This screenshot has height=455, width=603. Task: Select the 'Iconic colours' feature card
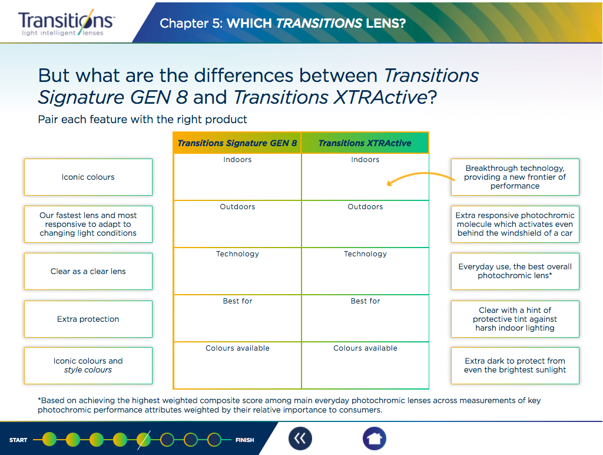[x=88, y=177]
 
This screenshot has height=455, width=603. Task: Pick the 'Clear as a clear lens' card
[x=88, y=271]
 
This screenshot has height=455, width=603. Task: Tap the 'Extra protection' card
[x=88, y=319]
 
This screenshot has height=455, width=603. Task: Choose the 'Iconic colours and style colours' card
[x=88, y=365]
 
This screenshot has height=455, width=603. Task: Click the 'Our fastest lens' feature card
[x=88, y=224]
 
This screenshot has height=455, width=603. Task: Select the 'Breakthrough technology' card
[x=515, y=177]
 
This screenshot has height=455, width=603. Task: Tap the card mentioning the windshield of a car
[x=515, y=224]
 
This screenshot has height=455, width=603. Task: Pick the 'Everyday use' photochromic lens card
[x=515, y=271]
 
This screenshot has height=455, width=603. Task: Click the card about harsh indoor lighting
[x=515, y=319]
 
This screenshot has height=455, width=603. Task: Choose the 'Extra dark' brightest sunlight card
[x=515, y=365]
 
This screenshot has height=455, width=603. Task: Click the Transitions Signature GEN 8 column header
[x=237, y=143]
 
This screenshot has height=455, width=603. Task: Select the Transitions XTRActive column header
[x=365, y=143]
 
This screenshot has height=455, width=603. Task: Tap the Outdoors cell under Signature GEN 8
[x=237, y=224]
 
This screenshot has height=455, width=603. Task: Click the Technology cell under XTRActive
[x=365, y=271]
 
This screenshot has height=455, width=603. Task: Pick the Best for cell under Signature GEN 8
[x=237, y=318]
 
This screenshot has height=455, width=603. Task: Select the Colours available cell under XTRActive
[x=365, y=365]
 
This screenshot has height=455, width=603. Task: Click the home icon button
[x=375, y=438]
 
